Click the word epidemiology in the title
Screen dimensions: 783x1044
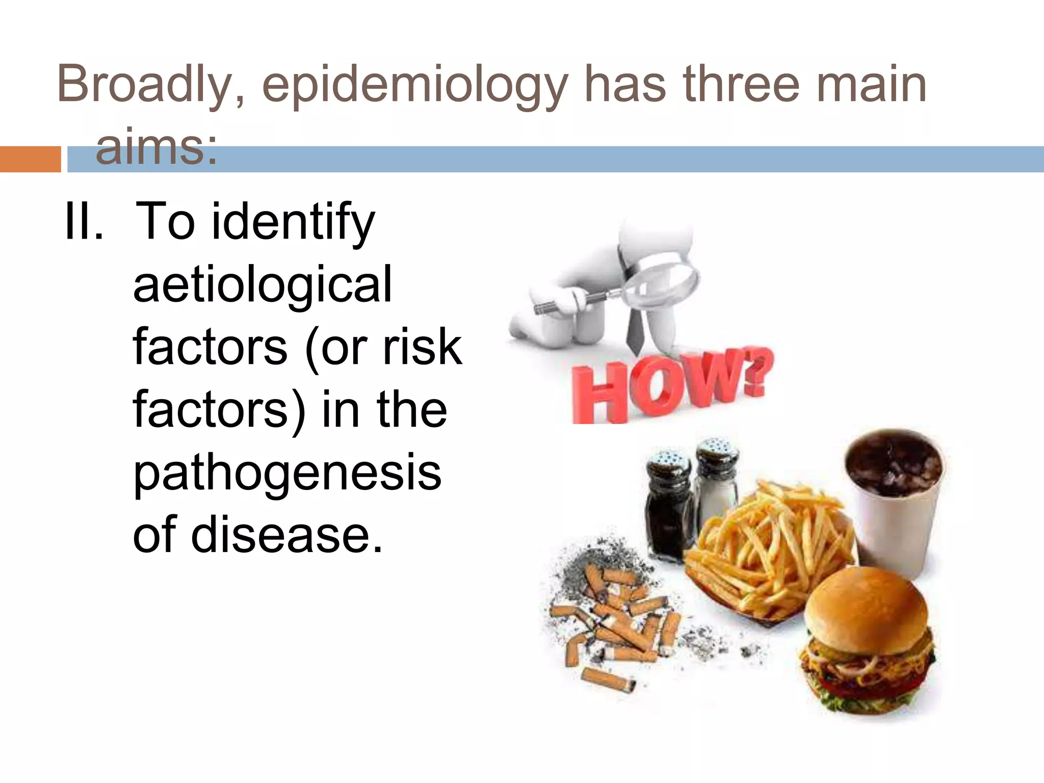click(414, 86)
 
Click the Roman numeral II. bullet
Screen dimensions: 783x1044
click(84, 222)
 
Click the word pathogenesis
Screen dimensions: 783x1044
click(287, 473)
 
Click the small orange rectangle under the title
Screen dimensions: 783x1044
click(30, 159)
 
